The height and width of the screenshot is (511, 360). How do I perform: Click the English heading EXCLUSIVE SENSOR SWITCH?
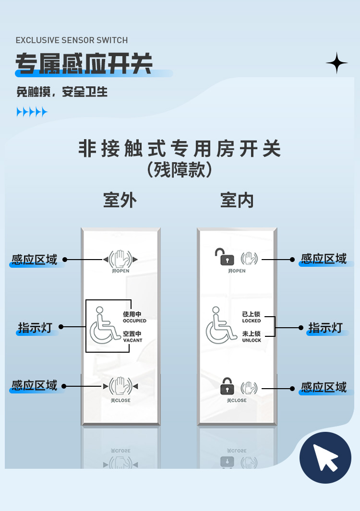72,40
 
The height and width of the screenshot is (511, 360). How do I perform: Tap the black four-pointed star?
337,63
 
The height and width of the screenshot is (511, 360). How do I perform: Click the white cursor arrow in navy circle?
325,457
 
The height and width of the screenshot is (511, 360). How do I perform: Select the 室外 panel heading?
120,200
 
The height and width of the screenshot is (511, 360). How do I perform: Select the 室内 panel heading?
237,200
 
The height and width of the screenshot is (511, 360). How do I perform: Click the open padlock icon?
224,257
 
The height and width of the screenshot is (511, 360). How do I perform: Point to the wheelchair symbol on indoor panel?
221,325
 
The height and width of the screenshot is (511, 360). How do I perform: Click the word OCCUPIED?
134,321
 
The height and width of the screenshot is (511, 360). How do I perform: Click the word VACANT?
132,340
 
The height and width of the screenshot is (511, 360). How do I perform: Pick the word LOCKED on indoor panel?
252,321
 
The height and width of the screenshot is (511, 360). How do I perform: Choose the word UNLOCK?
252,340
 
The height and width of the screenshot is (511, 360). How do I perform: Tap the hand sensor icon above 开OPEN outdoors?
120,259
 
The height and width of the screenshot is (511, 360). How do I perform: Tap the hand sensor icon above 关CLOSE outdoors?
120,386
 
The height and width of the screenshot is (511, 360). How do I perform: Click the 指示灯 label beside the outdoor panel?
35,327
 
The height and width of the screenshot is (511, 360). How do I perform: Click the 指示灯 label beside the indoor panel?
325,327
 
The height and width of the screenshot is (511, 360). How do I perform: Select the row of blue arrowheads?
32,112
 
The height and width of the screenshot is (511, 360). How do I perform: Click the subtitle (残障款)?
180,170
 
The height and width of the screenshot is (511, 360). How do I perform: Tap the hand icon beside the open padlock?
249,259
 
